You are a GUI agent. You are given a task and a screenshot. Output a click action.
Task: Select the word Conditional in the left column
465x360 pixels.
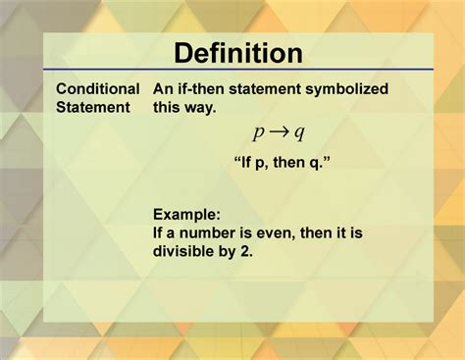(x=97, y=88)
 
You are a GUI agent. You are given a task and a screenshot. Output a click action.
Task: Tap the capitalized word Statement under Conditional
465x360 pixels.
(x=93, y=106)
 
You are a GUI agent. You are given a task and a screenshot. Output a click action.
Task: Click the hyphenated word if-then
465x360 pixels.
(x=205, y=88)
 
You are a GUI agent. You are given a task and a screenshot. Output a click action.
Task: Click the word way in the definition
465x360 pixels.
(x=202, y=106)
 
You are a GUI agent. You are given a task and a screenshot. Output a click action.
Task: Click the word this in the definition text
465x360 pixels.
(x=169, y=106)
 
